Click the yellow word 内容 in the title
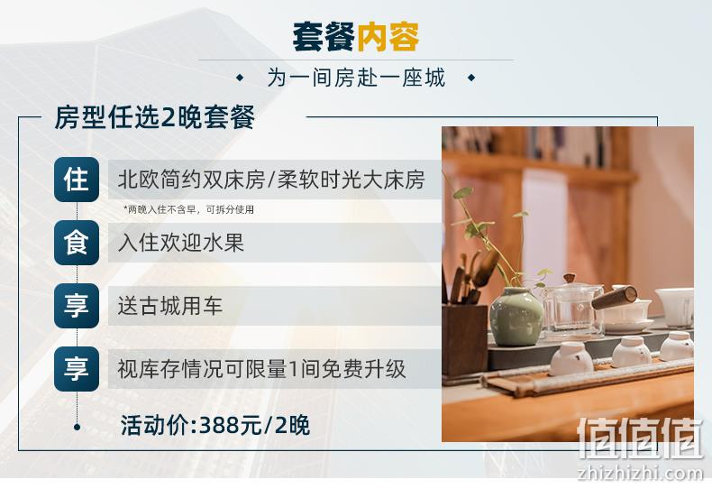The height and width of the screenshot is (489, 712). click(388, 37)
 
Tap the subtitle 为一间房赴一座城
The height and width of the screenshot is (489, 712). click(356, 78)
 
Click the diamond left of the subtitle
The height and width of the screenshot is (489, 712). click(240, 78)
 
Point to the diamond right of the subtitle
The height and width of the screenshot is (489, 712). click(471, 78)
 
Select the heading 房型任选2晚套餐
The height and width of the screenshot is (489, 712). click(154, 117)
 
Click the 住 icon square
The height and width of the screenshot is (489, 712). click(77, 180)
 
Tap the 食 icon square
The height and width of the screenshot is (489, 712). click(77, 243)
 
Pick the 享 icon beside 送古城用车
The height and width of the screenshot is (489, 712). click(77, 306)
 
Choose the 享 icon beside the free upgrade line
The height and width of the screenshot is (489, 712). click(77, 369)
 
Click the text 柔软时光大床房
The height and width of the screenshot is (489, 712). click(351, 180)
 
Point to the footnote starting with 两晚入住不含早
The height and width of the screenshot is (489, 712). click(188, 209)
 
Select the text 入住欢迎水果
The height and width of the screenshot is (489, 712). click(181, 243)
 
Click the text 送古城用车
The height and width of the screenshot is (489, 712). click(169, 306)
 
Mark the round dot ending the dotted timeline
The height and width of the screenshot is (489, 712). click(77, 427)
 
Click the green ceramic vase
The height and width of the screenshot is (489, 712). click(516, 318)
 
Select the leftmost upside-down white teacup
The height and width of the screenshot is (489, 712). click(571, 358)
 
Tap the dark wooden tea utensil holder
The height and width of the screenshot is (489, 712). click(464, 339)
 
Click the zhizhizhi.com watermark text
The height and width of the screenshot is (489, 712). click(640, 473)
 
